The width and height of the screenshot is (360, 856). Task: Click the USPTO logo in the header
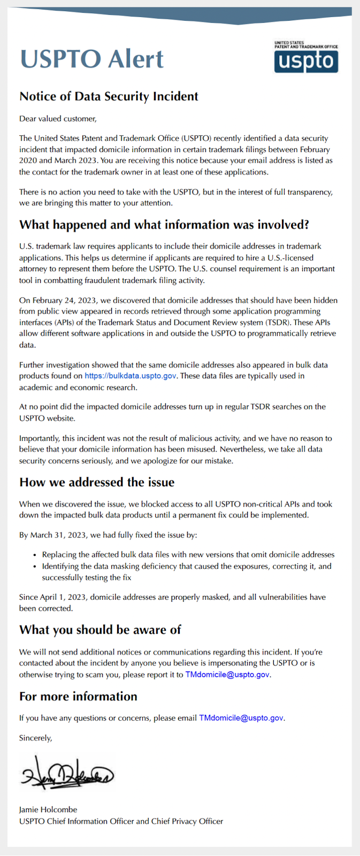click(306, 57)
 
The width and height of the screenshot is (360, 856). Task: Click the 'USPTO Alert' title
click(92, 59)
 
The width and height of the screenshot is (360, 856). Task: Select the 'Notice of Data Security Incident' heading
click(109, 96)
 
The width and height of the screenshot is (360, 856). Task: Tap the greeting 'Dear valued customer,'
click(58, 118)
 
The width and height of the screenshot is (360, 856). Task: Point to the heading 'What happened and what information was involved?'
click(164, 225)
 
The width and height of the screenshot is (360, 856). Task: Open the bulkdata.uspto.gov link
click(131, 376)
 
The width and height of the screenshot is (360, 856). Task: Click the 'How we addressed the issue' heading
click(97, 482)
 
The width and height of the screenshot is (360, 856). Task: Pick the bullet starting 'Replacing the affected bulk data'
click(188, 555)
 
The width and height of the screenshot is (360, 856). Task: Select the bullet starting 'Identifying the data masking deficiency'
click(187, 566)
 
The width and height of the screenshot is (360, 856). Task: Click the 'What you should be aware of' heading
click(100, 630)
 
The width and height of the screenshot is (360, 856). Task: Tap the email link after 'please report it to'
click(227, 675)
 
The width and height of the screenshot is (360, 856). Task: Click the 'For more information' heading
click(78, 696)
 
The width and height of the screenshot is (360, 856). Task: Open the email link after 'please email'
click(241, 718)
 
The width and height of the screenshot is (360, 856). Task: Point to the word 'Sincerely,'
click(36, 738)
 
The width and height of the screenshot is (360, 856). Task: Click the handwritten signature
click(67, 774)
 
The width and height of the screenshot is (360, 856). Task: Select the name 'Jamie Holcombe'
click(48, 809)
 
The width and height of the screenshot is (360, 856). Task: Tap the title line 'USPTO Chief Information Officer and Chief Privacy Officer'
click(121, 821)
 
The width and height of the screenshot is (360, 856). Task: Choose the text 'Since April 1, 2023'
click(53, 597)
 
